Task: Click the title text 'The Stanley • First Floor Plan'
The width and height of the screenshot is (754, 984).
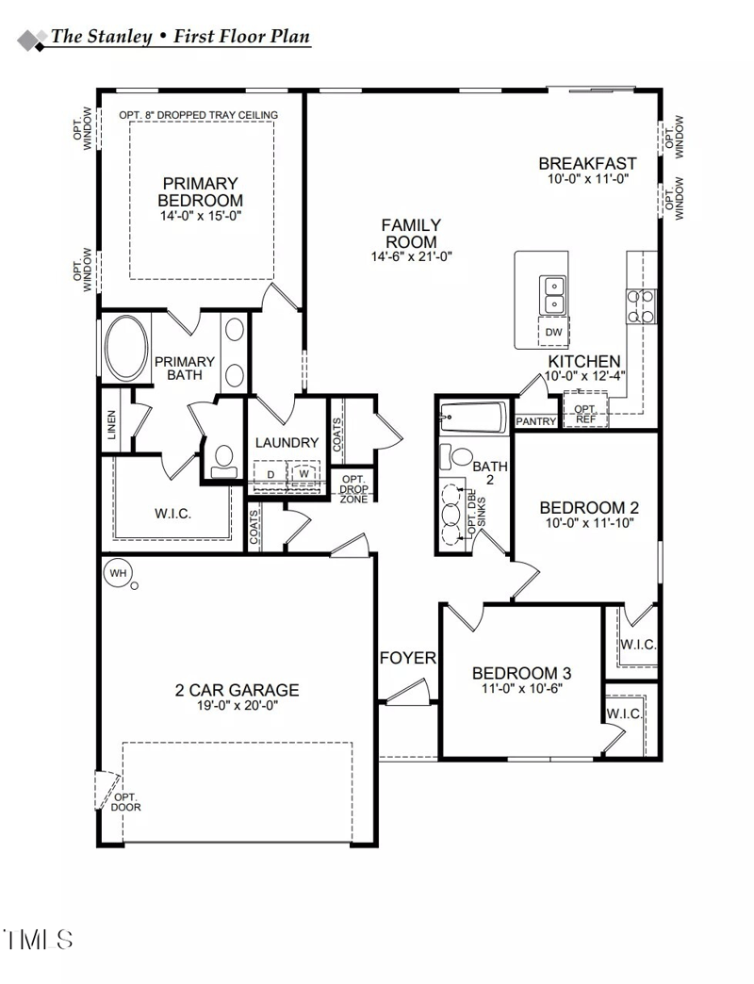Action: pos(179,38)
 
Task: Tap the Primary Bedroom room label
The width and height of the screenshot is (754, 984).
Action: pos(200,191)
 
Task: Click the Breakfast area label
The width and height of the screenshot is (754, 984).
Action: pos(587,164)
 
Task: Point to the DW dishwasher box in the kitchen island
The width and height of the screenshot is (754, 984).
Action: pos(554,332)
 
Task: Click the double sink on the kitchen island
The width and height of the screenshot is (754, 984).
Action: pos(553,295)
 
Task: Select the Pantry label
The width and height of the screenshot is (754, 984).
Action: pos(536,421)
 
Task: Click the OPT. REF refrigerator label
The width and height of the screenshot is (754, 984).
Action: pos(584,414)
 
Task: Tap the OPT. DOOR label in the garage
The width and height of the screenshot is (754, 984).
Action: pos(125,802)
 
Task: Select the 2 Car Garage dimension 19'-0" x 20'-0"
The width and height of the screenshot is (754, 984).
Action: pos(237,705)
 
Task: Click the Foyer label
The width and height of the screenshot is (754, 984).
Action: pos(408,658)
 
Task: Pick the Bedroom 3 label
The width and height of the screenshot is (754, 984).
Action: pos(521,673)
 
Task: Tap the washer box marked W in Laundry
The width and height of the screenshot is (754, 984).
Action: pos(303,474)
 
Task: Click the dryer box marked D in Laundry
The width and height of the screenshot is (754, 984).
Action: pos(270,474)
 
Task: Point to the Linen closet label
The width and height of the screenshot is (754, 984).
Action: pos(112,426)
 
